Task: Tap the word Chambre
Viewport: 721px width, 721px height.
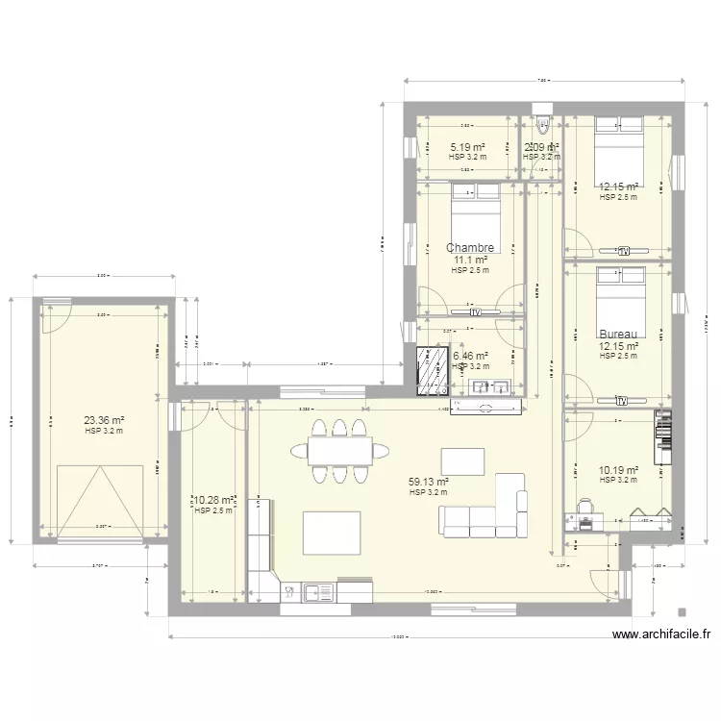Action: pos(470,248)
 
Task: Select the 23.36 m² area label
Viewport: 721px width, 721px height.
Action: pos(105,419)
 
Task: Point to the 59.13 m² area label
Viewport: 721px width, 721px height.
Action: pos(429,483)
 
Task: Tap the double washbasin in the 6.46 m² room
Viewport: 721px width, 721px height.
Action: pos(490,386)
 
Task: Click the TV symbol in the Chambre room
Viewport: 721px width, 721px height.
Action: pos(474,311)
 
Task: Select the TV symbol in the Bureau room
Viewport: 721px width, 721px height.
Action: pos(622,399)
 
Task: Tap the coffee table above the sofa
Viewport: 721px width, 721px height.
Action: pos(456,457)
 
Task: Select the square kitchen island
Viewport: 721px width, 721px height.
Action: pos(333,533)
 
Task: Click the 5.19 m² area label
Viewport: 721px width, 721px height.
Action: pos(467,147)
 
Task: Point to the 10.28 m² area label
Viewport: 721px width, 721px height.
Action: pos(215,500)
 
